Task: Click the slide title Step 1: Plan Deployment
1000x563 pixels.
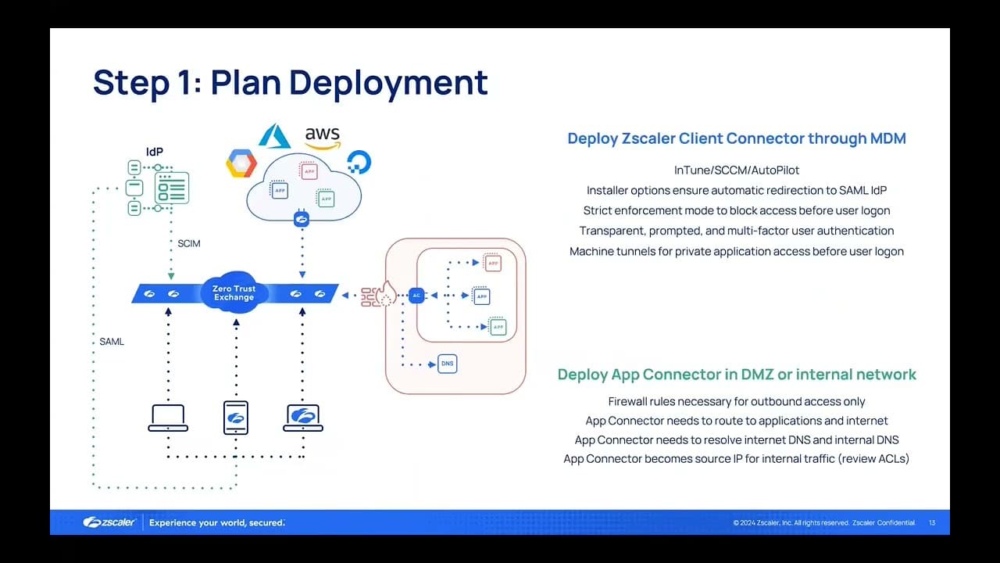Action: click(290, 83)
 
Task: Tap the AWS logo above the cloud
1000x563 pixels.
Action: click(323, 137)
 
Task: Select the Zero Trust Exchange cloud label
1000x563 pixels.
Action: click(234, 293)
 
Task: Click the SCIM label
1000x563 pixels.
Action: click(189, 244)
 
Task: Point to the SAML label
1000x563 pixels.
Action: click(112, 342)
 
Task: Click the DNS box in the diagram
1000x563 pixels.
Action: click(447, 364)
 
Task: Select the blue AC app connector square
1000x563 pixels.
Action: click(416, 296)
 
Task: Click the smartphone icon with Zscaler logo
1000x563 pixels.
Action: click(235, 418)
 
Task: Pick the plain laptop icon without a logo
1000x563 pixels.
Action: click(168, 418)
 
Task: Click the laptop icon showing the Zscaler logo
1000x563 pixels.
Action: click(303, 418)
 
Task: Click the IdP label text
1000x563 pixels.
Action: click(155, 152)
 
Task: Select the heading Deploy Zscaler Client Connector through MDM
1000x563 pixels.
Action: click(736, 139)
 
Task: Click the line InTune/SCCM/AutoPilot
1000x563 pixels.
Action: click(736, 170)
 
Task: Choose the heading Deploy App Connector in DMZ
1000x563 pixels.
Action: click(736, 375)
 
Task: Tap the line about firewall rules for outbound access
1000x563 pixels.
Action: click(736, 401)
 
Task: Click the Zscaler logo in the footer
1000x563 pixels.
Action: click(110, 522)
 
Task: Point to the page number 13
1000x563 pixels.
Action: click(932, 522)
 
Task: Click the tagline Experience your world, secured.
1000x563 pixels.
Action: click(217, 522)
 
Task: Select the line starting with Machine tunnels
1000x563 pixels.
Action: click(736, 251)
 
